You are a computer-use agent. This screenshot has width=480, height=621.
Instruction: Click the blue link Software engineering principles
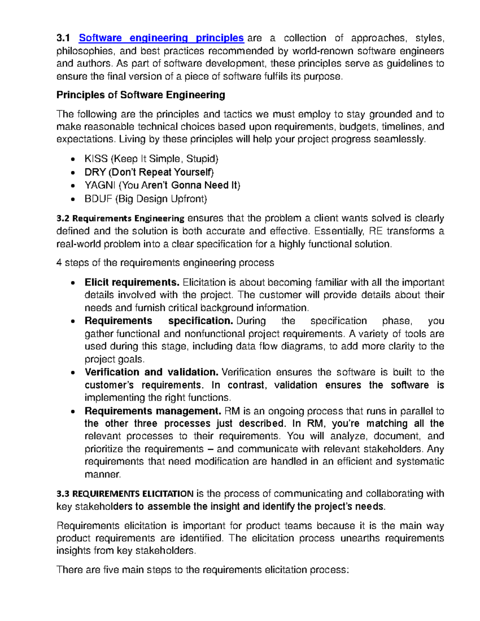click(x=161, y=38)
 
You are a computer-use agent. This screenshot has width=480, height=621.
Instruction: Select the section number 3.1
click(x=63, y=38)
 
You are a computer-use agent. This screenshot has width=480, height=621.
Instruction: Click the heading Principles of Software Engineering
click(x=141, y=95)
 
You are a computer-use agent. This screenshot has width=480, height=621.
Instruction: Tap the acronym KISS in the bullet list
click(x=96, y=159)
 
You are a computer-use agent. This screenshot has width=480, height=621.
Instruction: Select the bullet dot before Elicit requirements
click(x=72, y=283)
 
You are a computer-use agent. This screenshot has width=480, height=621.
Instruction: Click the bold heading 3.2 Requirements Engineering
click(x=120, y=219)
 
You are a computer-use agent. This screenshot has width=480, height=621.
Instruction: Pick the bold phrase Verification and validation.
click(x=151, y=372)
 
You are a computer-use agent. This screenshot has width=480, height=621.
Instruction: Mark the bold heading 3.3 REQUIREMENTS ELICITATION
click(x=125, y=494)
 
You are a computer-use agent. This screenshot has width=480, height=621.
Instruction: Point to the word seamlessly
click(x=400, y=140)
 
